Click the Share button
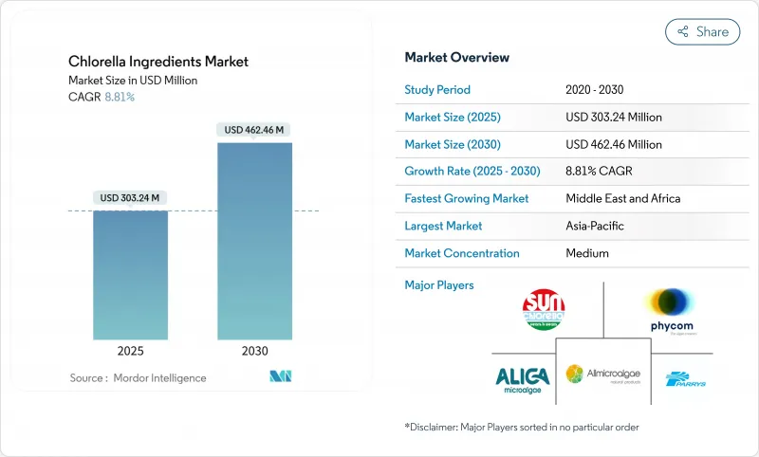(702, 31)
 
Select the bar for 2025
(131, 275)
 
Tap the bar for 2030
(254, 242)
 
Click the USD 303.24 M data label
(131, 197)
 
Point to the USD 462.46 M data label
(254, 129)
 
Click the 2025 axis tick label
(131, 351)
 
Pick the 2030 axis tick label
(254, 351)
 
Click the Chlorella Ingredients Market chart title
(158, 62)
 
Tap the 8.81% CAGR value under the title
(119, 97)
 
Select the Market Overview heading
(456, 57)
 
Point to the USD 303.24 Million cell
(613, 118)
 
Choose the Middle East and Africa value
(621, 199)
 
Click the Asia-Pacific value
(595, 226)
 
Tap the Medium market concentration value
(586, 253)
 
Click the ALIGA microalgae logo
(522, 379)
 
